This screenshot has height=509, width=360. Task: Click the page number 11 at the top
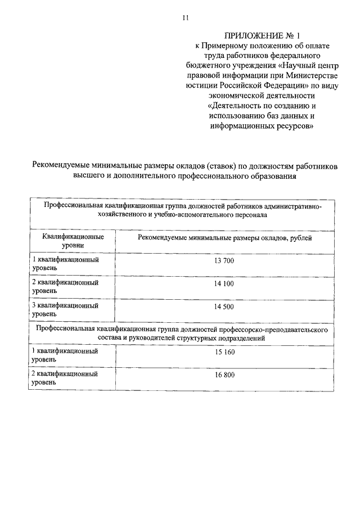click(185, 17)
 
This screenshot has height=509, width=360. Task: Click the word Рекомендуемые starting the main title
click(65, 166)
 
